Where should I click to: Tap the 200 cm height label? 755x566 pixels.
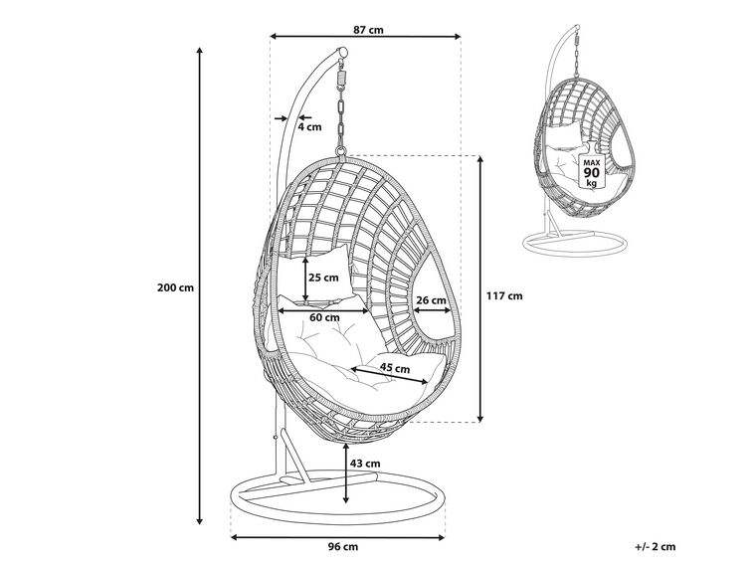tap(175, 288)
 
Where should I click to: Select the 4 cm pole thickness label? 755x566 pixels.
tap(309, 126)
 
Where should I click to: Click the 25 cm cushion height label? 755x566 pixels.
tap(323, 278)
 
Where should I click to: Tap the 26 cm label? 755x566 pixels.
tap(430, 300)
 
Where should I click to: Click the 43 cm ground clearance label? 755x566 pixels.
tap(365, 463)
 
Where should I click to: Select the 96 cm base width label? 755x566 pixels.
tap(342, 546)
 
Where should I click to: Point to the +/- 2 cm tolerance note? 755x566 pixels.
tap(654, 546)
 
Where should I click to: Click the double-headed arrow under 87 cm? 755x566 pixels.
tap(366, 38)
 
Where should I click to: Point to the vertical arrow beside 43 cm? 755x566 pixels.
tap(345, 475)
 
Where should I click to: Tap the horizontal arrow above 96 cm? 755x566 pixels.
tap(338, 536)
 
